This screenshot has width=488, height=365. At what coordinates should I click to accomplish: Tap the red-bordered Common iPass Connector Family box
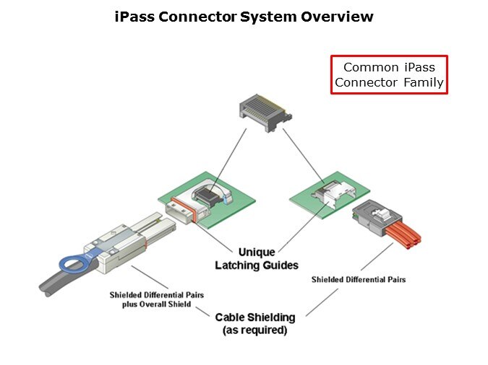389,75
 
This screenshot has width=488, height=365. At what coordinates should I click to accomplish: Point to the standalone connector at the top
264,110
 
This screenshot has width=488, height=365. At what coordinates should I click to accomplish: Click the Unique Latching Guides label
245,259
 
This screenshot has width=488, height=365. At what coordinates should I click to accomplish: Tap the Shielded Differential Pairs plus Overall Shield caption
150,299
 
